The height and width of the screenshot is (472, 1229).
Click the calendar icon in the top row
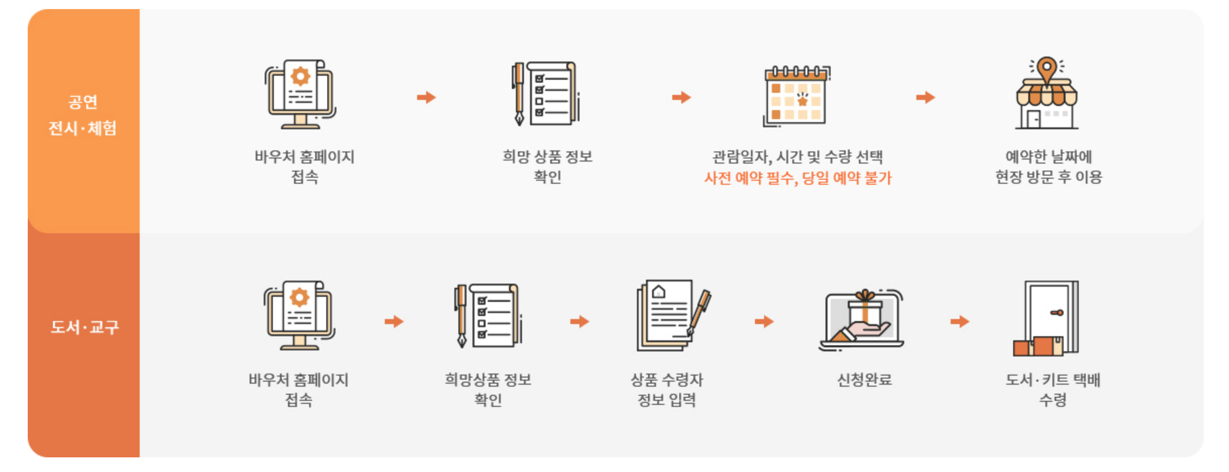tap(796, 95)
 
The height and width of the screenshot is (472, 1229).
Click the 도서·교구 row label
tap(84, 327)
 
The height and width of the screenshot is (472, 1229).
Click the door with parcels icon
tap(1047, 318)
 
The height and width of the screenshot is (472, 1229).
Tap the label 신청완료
tap(864, 380)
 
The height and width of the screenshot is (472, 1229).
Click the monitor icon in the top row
tap(301, 94)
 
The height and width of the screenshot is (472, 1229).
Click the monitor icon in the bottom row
tap(299, 316)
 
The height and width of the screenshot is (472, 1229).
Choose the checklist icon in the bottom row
tap(488, 316)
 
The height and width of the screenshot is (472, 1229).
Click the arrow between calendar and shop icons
tap(925, 97)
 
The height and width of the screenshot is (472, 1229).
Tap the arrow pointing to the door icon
tap(960, 322)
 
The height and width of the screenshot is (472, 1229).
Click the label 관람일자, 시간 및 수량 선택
tap(797, 157)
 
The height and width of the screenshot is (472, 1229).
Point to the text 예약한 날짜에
tap(1048, 156)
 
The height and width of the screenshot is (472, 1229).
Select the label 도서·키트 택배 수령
tap(1052, 390)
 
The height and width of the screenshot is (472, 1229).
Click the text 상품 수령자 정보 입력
tap(667, 390)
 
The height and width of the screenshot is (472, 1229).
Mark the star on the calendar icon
tap(802, 101)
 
